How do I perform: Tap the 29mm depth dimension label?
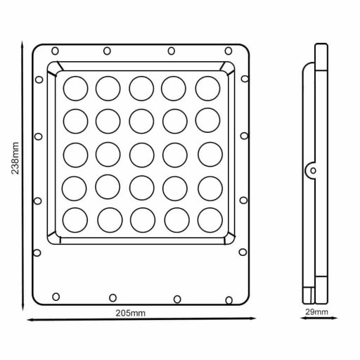(x=316, y=310)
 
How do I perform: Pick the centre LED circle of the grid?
(x=141, y=155)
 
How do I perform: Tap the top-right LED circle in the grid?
(x=207, y=88)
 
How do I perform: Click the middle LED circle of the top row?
(x=141, y=88)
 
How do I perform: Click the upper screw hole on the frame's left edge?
(x=39, y=135)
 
